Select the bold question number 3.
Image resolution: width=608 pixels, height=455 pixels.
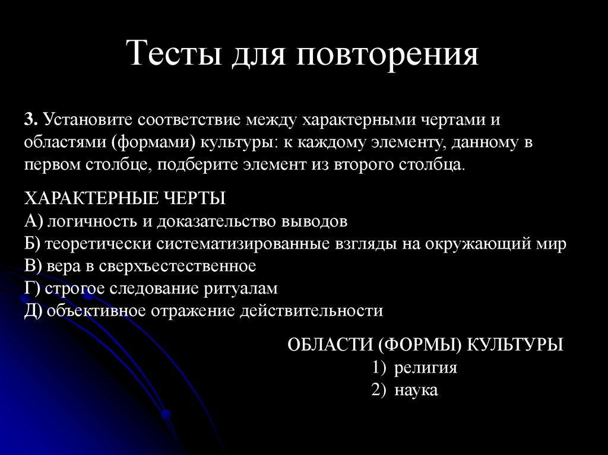pos(30,120)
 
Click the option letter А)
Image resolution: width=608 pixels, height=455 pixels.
pos(33,221)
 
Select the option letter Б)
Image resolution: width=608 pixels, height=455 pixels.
pos(33,243)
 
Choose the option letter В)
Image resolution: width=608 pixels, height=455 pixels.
pos(33,266)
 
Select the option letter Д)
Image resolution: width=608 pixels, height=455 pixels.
pos(33,311)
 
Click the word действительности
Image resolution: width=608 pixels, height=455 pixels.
pos(311,311)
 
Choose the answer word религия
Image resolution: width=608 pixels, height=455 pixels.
pos(425,367)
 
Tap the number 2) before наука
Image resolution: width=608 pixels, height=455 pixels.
pos(379,390)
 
